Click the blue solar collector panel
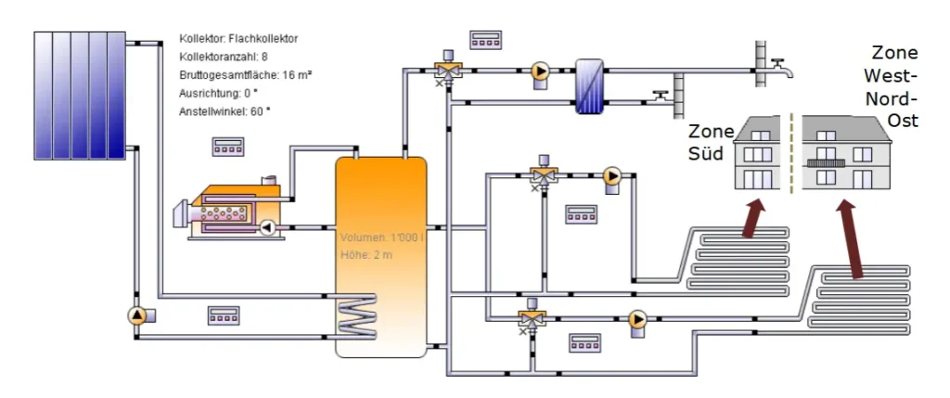coord(79,95)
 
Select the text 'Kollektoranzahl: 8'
coord(223,58)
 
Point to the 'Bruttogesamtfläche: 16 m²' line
coord(245,75)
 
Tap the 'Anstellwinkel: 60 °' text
coord(225,112)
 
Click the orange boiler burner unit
coord(232,210)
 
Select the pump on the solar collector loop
coord(138,315)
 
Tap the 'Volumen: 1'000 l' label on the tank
coord(381,238)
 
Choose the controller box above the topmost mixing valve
coord(484,40)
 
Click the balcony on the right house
coord(825,162)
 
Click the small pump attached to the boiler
coord(268,226)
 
